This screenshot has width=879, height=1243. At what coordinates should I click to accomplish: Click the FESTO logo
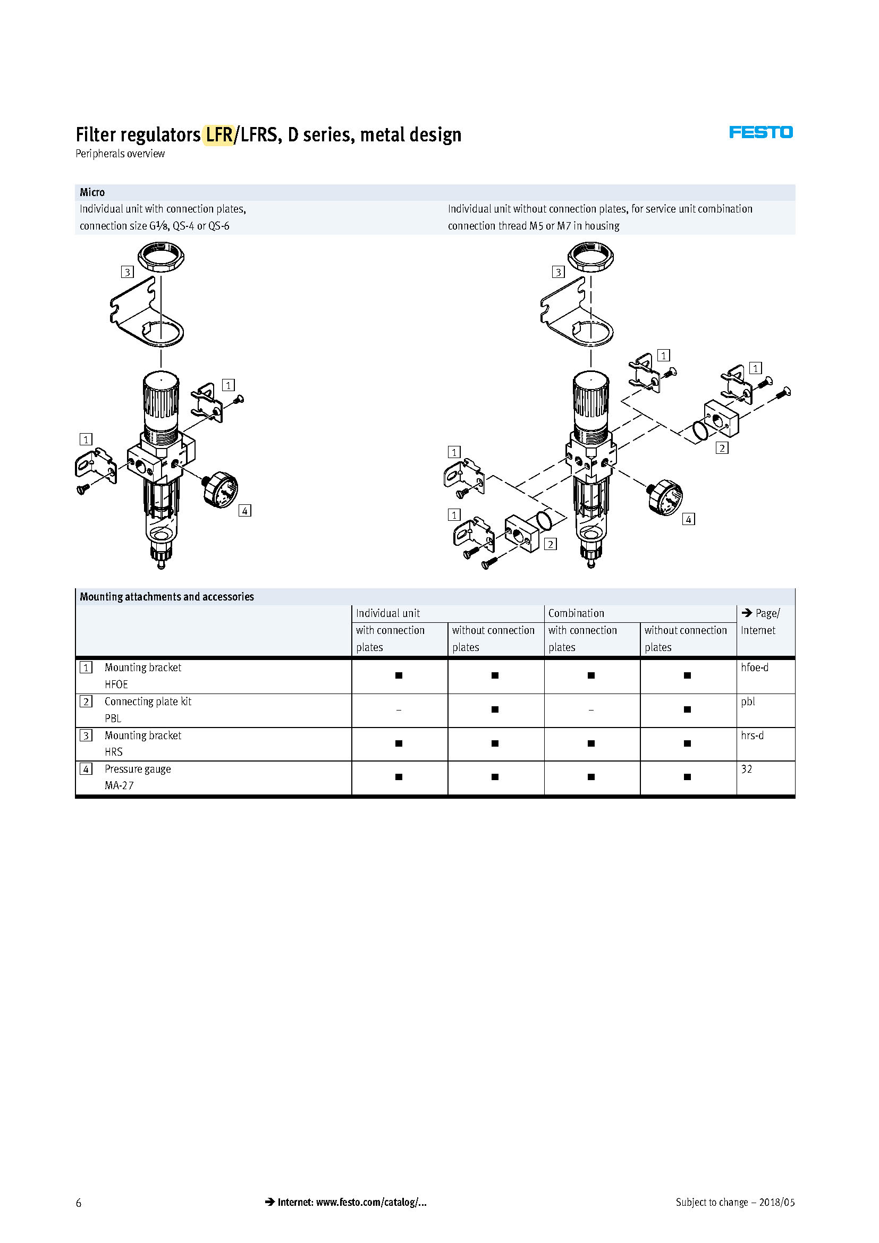[760, 132]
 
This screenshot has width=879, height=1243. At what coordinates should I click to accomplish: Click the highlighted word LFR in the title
[218, 135]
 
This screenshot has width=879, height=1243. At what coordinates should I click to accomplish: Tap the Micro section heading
[92, 192]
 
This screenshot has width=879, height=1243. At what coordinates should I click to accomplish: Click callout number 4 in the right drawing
[688, 519]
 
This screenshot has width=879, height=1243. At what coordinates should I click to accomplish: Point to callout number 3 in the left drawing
[127, 272]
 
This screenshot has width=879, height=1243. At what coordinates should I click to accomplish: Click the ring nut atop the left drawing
[160, 257]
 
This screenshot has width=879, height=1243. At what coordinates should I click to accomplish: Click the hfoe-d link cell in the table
[755, 667]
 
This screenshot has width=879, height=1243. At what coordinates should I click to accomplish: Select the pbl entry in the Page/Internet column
[748, 701]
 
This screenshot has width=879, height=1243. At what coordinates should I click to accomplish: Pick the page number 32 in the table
[746, 770]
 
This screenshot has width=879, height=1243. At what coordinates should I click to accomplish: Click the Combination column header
[576, 613]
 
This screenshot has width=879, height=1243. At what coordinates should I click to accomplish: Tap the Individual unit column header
[387, 613]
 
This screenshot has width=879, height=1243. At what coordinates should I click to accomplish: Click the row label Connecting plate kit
[148, 701]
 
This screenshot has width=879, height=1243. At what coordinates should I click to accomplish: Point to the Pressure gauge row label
[138, 770]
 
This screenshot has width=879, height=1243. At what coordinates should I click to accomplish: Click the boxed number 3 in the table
[86, 735]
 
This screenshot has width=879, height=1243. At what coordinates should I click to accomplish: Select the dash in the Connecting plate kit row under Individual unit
[399, 710]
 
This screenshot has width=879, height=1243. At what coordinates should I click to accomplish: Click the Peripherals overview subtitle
[120, 154]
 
